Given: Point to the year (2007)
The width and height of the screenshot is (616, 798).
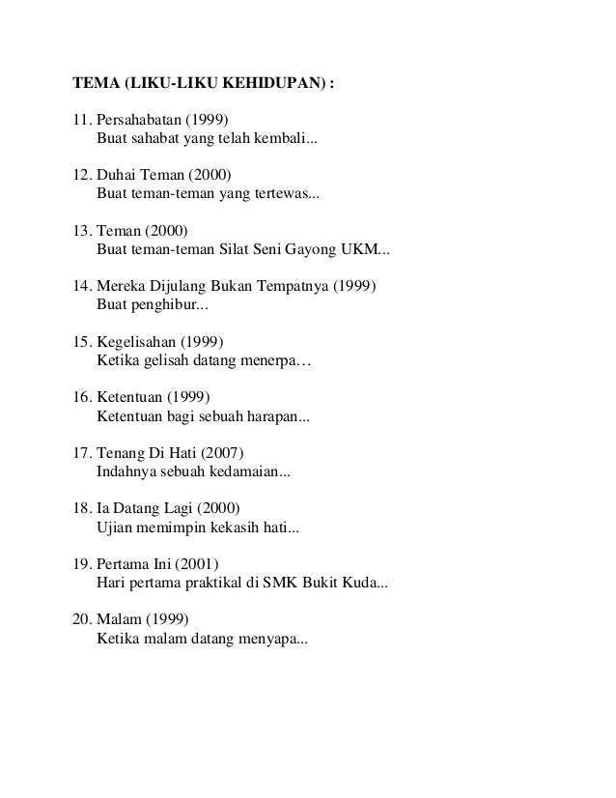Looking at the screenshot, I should pos(225,452).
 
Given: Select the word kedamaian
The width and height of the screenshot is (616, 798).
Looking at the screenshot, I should pos(250,470).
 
